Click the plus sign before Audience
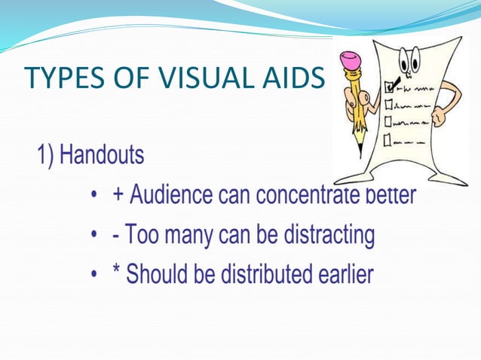coord(118,196)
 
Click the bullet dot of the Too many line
coord(93,236)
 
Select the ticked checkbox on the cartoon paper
coord(389,87)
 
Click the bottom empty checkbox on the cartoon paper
coord(388,139)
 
